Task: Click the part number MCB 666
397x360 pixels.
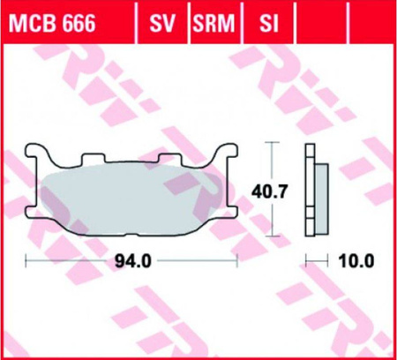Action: point(60,20)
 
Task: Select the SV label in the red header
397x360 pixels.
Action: point(161,20)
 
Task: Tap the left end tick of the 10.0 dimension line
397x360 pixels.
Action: point(306,260)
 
